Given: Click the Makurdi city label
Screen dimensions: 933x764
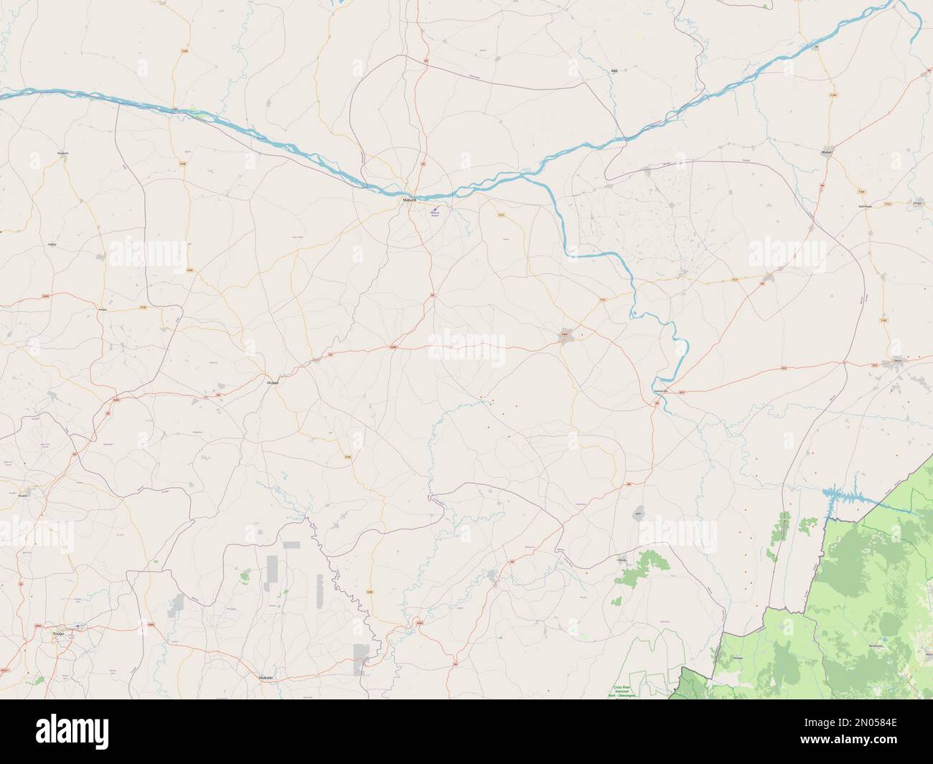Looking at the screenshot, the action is point(408,200).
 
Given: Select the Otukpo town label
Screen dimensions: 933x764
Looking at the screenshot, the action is point(273,383).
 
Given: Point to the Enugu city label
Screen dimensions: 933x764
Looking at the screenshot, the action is point(58,633).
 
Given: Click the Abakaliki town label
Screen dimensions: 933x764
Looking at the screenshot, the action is point(266,676).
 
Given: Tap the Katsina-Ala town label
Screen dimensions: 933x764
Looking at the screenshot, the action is point(660,391).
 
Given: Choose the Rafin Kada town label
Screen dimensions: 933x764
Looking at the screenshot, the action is point(866,206).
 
